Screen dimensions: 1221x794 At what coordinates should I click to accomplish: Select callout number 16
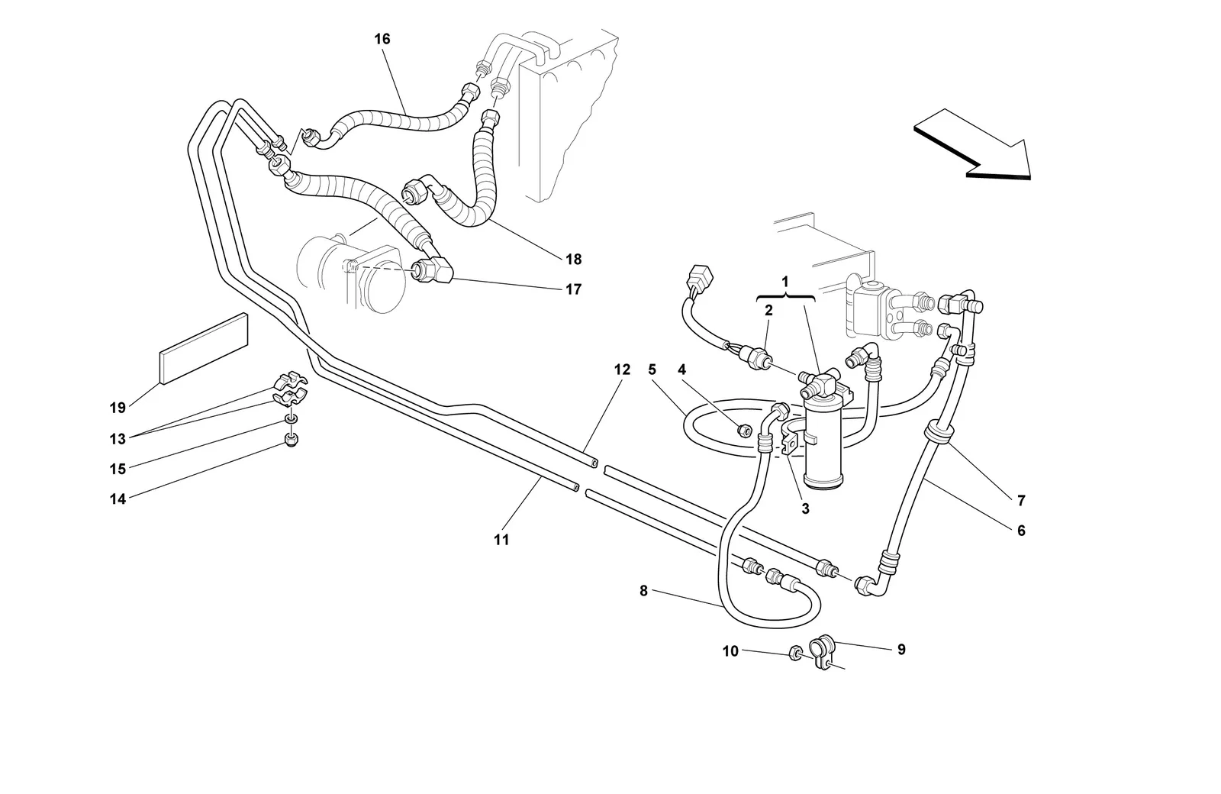click(382, 39)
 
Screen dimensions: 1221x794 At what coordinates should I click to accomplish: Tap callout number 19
click(118, 408)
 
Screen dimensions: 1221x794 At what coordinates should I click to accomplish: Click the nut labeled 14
click(292, 440)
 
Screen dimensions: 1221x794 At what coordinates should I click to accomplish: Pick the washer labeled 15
click(291, 419)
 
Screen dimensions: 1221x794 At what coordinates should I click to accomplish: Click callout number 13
click(118, 439)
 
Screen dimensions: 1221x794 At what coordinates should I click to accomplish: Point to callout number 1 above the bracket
click(785, 282)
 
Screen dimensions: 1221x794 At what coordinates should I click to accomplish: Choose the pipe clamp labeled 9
click(822, 652)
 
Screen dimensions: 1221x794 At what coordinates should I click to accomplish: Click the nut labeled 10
click(795, 652)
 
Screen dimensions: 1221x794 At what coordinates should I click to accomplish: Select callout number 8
click(644, 591)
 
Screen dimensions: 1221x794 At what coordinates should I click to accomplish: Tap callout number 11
click(501, 540)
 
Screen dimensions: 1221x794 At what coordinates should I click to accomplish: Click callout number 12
click(622, 370)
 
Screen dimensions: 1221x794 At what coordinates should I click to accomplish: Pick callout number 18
click(573, 260)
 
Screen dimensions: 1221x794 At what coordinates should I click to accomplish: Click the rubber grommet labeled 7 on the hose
click(939, 433)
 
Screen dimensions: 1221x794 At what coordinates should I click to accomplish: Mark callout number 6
click(1021, 531)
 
